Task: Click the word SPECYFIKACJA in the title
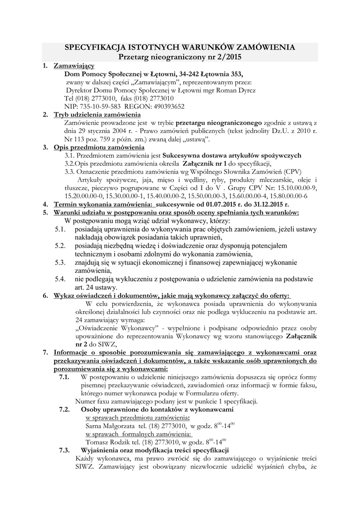[95, 47]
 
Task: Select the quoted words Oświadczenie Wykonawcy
[119, 328]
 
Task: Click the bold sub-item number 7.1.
[64, 377]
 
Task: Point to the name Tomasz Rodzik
[107, 442]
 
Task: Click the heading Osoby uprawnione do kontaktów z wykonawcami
[156, 410]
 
